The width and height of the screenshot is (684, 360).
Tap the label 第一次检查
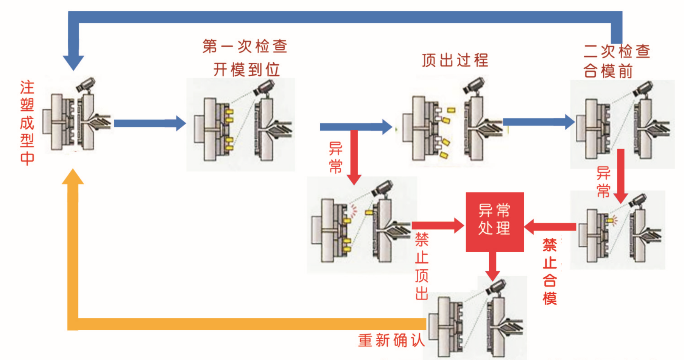[x=245, y=46]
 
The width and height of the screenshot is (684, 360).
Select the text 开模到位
[x=246, y=69]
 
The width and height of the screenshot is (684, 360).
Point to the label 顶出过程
[x=455, y=60]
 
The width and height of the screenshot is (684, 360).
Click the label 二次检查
[x=617, y=51]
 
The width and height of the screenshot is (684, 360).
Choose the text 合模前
[x=608, y=71]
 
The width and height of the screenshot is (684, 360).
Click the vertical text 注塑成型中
[x=27, y=123]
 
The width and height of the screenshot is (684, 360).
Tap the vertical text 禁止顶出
[x=422, y=266]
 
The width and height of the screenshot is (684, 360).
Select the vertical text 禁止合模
[x=550, y=271]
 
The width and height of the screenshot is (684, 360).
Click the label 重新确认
[x=391, y=340]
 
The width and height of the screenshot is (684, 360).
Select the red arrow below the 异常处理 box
[x=492, y=266]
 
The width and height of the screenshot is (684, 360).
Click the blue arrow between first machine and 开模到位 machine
[x=150, y=123]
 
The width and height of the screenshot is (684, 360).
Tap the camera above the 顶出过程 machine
[x=474, y=85]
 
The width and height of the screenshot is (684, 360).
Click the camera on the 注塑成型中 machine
[x=86, y=84]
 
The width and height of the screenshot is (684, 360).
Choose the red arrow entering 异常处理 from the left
[x=438, y=226]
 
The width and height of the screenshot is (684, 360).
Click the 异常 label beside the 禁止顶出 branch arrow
[x=335, y=157]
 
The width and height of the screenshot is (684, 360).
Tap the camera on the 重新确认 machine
[x=495, y=287]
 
